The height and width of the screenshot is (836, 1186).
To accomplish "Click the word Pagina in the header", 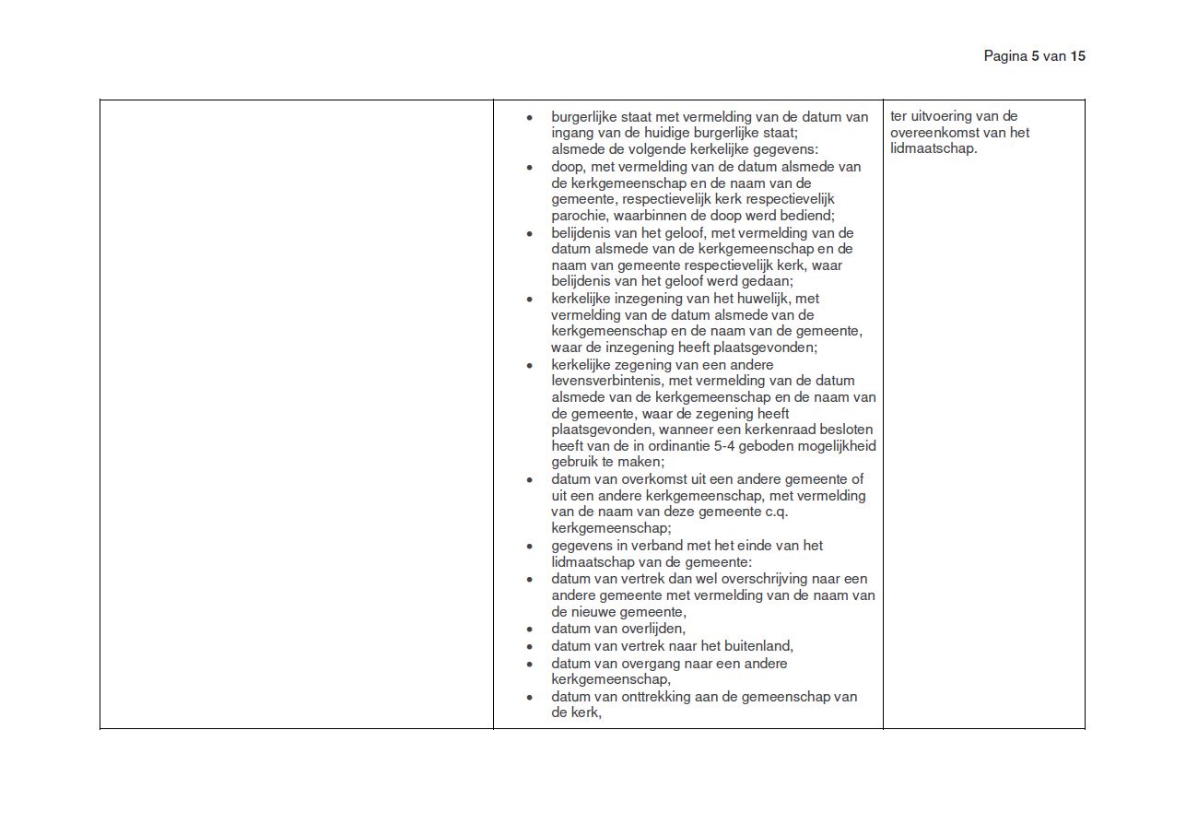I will (1004, 56).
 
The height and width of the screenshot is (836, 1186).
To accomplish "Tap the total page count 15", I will (1078, 56).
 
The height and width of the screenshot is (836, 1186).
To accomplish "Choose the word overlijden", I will (652, 629).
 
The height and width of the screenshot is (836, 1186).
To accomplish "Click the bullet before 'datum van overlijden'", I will (530, 630).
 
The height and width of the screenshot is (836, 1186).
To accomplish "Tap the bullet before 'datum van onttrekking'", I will (530, 698).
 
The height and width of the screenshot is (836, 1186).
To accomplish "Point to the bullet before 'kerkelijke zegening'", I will (530, 365).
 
